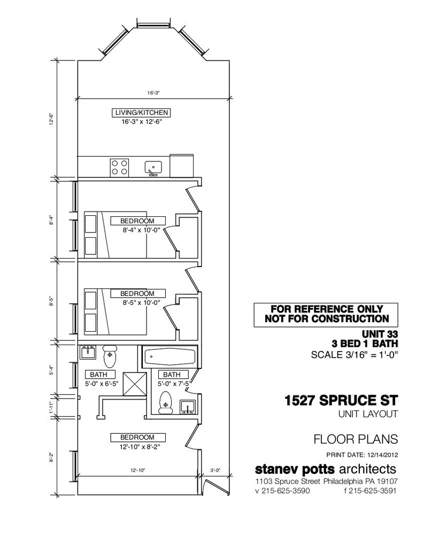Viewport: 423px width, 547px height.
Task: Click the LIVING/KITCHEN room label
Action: point(142,113)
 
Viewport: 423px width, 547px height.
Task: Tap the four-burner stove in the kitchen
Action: point(119,167)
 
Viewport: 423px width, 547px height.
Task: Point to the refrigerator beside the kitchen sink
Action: point(181,166)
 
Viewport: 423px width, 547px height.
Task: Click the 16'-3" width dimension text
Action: point(153,93)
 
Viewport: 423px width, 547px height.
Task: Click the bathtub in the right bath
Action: point(170,357)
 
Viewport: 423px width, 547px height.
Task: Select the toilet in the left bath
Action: point(110,356)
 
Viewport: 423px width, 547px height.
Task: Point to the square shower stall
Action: point(135,384)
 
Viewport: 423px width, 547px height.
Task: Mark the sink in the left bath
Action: point(88,353)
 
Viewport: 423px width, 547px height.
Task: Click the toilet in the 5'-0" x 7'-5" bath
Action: point(166,403)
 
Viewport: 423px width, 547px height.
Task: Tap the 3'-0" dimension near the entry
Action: point(215,470)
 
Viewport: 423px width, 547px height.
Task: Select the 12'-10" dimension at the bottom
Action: point(137,470)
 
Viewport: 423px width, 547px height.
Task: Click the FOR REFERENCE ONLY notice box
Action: point(326,315)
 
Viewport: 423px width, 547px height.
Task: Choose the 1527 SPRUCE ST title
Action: point(341,400)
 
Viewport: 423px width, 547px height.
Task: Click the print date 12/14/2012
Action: point(382,455)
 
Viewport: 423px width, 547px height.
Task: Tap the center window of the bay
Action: point(153,25)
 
